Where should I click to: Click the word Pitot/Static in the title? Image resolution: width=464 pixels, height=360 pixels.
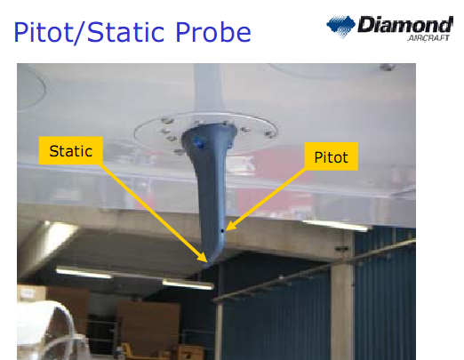pos(89,32)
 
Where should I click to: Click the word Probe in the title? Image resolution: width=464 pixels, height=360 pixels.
pos(213,32)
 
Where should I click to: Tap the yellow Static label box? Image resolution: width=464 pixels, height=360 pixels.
pos(71,150)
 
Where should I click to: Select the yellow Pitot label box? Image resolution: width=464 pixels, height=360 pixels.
pos(332,156)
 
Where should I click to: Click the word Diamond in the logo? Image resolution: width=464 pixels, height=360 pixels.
pos(405,24)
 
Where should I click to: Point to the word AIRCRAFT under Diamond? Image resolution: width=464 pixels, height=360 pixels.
pos(428,38)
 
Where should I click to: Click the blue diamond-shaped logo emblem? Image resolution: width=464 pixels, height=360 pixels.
pos(340,27)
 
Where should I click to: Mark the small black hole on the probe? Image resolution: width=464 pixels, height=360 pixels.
pos(222,230)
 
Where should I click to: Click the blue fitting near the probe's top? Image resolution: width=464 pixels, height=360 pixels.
pos(198,143)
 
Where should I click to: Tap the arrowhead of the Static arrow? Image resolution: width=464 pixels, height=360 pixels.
pos(204,258)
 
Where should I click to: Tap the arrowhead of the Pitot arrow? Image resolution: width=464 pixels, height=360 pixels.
pos(230,227)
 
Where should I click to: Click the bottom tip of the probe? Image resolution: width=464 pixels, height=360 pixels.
pos(207,265)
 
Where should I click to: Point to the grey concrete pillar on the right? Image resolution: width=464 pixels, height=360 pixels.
pos(342,296)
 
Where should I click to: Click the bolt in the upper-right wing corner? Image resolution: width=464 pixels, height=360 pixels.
pos(388,68)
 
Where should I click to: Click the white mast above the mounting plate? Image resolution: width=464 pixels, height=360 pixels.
pos(208,89)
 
